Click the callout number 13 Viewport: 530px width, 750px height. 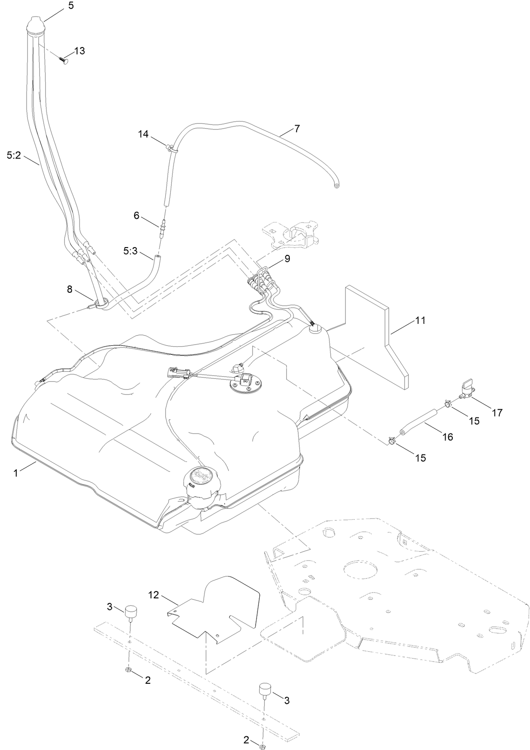[x=79, y=51]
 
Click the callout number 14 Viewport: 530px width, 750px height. [x=143, y=134]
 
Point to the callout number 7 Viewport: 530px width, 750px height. [x=297, y=129]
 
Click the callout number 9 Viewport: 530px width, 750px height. [x=287, y=258]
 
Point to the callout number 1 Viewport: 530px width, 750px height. [x=16, y=473]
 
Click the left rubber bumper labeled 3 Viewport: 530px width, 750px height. [x=132, y=611]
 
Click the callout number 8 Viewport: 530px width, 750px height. [x=69, y=289]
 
